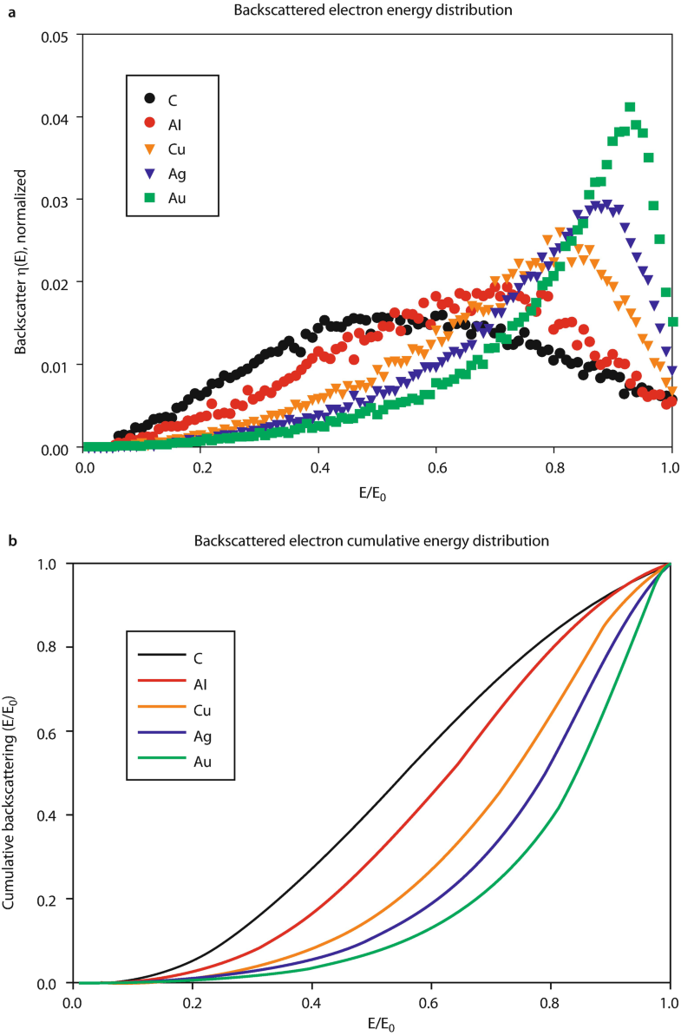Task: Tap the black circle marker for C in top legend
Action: tap(151, 98)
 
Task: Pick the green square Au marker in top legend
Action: tap(151, 198)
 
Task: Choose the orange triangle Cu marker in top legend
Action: tap(151, 148)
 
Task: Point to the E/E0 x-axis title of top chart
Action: tap(377, 486)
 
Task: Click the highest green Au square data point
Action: tap(630, 108)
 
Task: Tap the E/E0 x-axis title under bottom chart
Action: tap(372, 1023)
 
